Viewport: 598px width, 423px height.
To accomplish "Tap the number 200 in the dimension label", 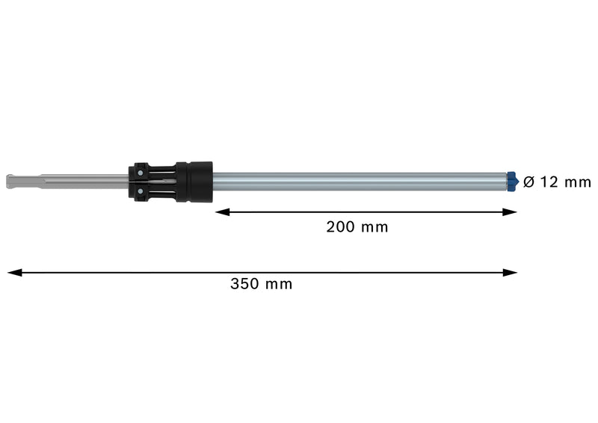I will [340, 227].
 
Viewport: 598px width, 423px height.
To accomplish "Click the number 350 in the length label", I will [244, 284].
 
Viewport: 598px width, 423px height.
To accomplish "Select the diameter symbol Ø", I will [528, 182].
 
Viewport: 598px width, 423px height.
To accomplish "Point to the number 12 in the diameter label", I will [550, 182].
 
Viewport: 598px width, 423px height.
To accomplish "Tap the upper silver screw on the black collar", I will [140, 171].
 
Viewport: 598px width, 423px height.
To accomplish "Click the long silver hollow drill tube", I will [359, 181].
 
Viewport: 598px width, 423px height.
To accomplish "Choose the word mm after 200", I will [375, 227].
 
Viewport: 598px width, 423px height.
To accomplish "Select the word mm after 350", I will [280, 284].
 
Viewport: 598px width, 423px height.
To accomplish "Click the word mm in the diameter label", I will [578, 182].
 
